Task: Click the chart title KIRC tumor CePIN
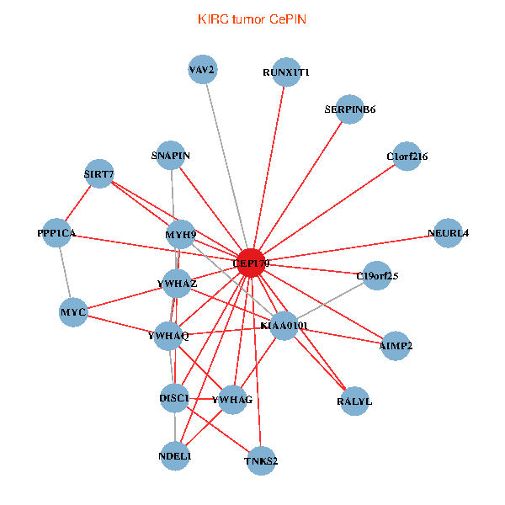tap(252, 19)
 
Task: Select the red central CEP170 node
tap(252, 263)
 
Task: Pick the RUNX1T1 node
tap(286, 73)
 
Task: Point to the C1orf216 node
tap(407, 157)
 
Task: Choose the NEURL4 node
tap(448, 233)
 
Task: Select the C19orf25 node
tap(377, 275)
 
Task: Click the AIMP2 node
tap(396, 345)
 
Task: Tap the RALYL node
tap(354, 401)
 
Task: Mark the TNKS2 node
tap(262, 460)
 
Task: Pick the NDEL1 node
tap(175, 456)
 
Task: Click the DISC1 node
tap(174, 397)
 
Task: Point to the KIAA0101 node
tap(284, 325)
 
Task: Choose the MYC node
tap(74, 313)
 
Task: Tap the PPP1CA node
tap(56, 233)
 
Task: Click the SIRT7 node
tap(99, 174)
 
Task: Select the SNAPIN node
tap(171, 156)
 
